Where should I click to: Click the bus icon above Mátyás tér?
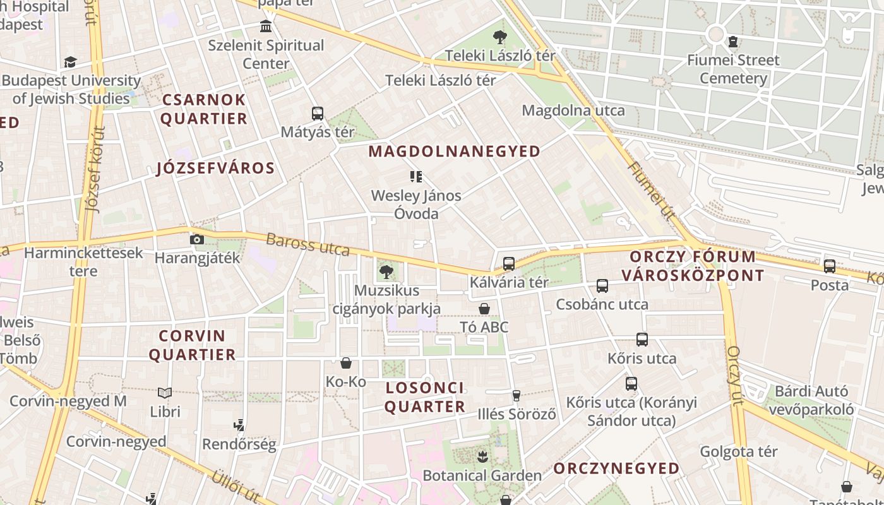(318, 114)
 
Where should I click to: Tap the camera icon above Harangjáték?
(197, 239)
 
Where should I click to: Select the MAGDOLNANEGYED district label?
(454, 151)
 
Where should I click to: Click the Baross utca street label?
(308, 244)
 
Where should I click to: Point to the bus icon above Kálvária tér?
(509, 264)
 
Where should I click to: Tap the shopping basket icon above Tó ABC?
(484, 309)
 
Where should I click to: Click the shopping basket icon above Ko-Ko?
(346, 363)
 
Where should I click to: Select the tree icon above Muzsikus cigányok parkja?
(386, 272)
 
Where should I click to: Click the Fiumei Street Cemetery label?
(733, 69)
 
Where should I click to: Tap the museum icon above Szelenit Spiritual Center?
(266, 27)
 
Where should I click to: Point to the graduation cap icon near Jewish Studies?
(70, 62)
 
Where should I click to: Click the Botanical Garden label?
(482, 475)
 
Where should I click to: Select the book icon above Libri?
(165, 393)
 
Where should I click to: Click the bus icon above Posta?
(830, 266)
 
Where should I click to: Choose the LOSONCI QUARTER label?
(424, 397)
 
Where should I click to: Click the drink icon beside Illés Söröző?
(517, 396)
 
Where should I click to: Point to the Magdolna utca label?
(573, 110)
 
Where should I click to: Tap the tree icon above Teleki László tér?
(500, 37)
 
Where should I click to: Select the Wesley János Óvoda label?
(416, 205)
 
